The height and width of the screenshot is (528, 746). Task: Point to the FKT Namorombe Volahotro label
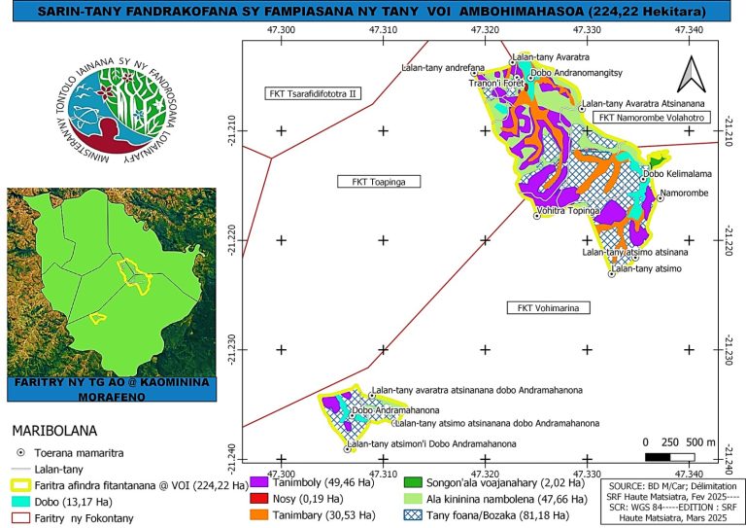(x=651, y=118)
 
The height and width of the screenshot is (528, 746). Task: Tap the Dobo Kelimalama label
(x=677, y=173)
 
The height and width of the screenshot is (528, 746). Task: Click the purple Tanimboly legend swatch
(x=260, y=481)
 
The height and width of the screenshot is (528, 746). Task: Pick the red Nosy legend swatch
(x=260, y=498)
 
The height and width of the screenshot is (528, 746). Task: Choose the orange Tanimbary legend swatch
(x=260, y=514)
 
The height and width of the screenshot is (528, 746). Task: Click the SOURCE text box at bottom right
(x=674, y=498)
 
